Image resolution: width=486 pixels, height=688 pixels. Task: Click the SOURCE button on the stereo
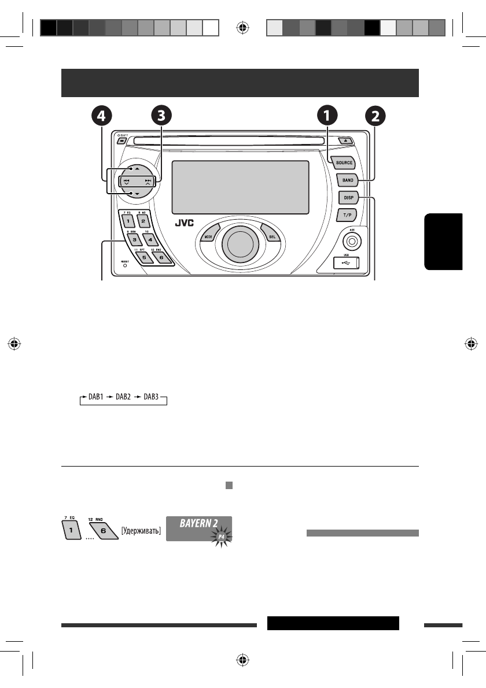tap(344, 163)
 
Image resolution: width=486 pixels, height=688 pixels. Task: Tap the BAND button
tap(347, 180)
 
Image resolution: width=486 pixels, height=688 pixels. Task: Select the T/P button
tap(347, 215)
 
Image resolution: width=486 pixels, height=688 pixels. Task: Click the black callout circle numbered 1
tap(327, 116)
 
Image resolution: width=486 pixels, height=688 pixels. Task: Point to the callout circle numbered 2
tap(376, 116)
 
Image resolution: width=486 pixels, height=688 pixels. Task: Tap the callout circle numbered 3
tap(161, 116)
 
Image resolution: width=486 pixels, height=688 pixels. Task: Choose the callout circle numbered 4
tap(101, 116)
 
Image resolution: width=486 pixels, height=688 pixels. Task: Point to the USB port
tap(346, 264)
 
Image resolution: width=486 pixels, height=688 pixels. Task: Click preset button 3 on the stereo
tap(133, 238)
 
